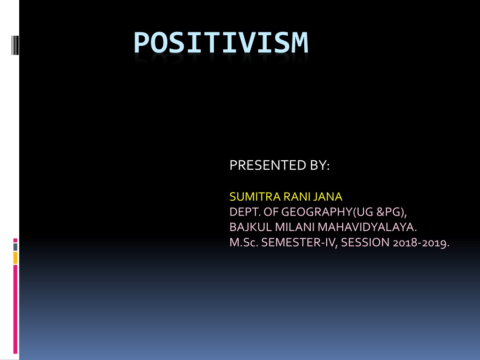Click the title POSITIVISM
221,43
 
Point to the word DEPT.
245,212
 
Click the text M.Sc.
244,242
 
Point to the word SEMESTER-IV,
300,242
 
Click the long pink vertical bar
15,309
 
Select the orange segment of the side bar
15,258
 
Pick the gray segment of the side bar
15,247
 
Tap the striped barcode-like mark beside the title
15,45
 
